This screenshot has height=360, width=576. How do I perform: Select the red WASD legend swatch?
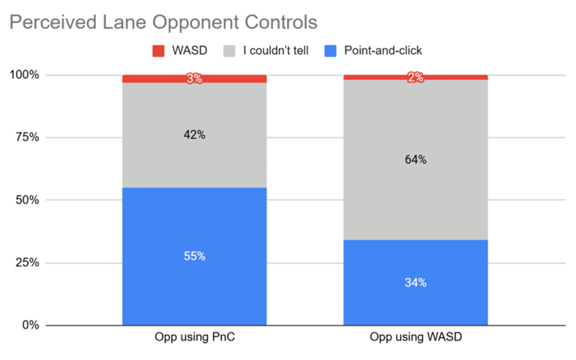point(158,51)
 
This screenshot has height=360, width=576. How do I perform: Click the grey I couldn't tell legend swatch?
point(231,51)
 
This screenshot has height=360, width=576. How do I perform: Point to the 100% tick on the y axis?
point(25,75)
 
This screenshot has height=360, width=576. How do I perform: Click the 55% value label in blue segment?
point(194,256)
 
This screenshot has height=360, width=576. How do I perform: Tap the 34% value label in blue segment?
point(415,282)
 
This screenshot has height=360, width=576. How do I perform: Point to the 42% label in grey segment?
point(194,135)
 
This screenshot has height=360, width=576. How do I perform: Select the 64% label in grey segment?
point(415,159)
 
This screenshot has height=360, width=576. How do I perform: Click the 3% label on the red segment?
point(194,78)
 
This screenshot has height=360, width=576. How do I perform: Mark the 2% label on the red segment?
point(415,77)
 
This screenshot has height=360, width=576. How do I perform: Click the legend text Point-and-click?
point(383,51)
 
